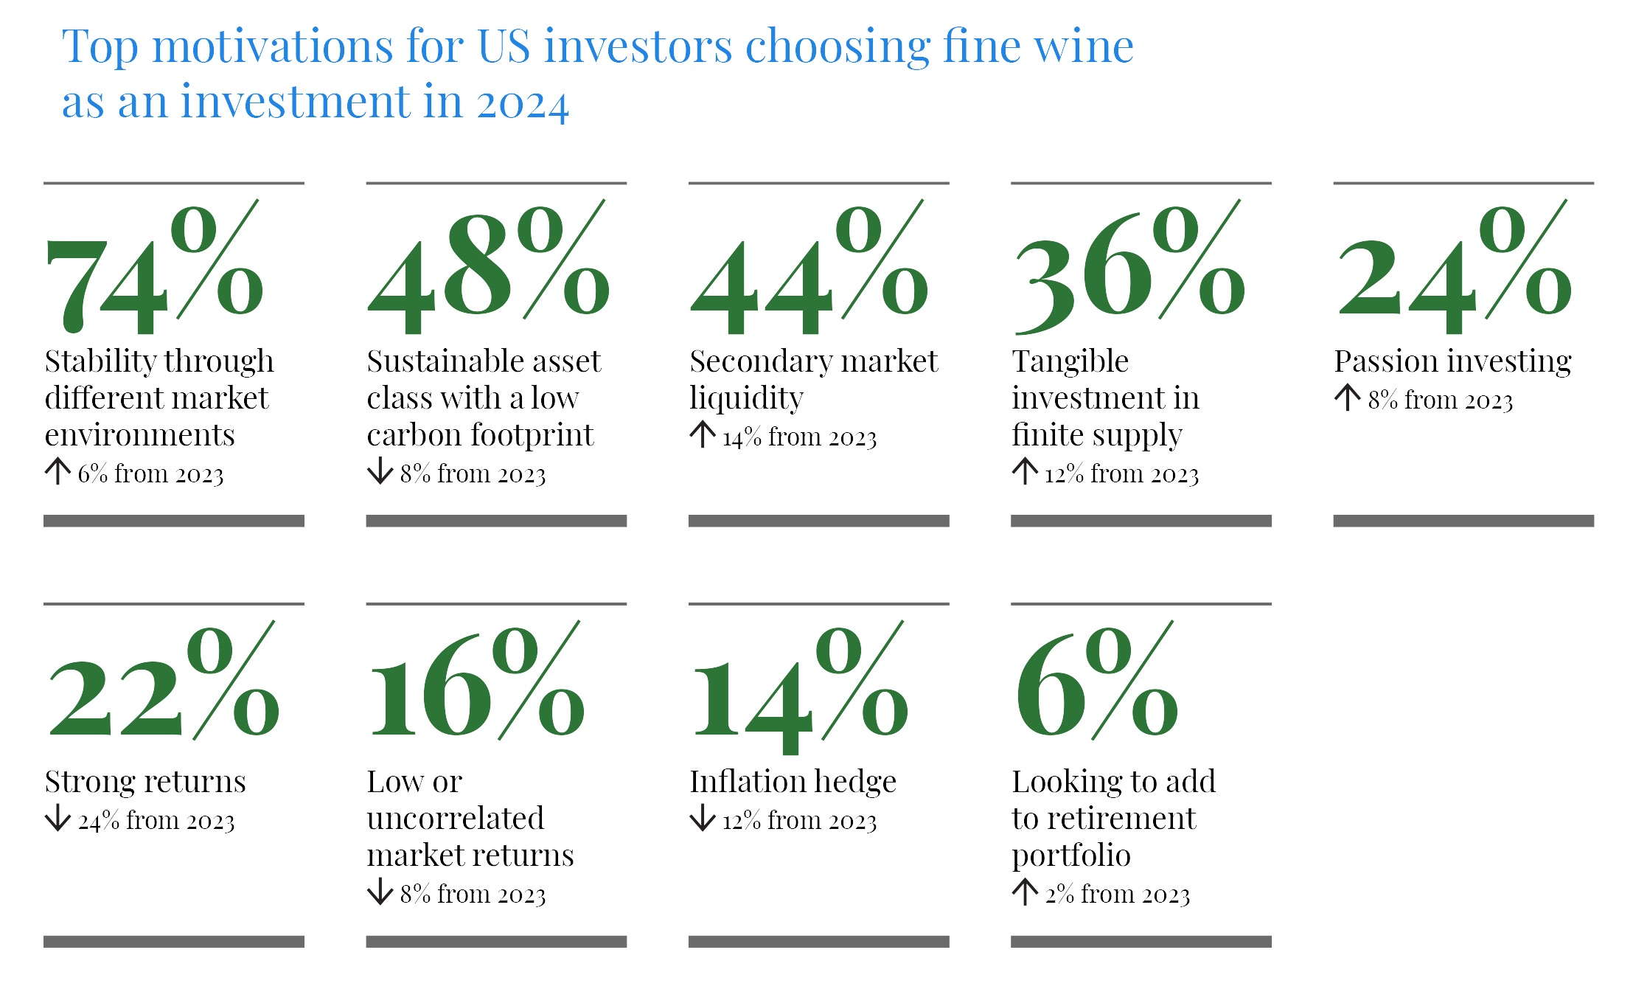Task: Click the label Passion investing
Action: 1452,362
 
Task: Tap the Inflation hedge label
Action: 793,782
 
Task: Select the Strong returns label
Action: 145,782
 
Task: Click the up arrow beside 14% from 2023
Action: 703,434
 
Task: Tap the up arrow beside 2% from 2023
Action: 1025,892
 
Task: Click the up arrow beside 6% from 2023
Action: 58,471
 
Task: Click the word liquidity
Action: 746,399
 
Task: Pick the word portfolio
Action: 1070,856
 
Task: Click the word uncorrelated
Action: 456,819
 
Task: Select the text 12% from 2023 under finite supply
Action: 1121,473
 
